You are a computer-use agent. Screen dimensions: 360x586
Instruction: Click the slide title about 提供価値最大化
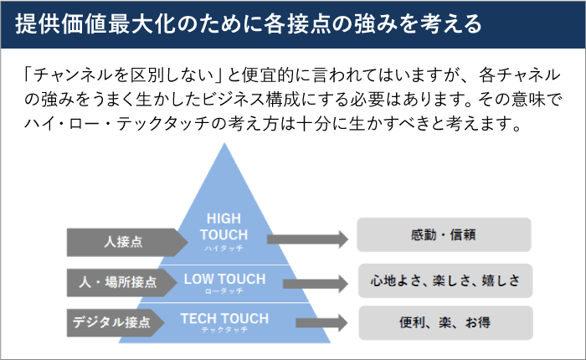[x=249, y=23]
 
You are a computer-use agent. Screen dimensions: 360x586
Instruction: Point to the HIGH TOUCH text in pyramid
[x=224, y=227]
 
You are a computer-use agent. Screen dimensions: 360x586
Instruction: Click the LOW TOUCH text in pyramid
[x=224, y=278]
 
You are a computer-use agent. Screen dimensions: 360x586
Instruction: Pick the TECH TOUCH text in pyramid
[x=224, y=318]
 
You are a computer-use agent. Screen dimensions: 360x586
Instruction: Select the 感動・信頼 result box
[x=444, y=235]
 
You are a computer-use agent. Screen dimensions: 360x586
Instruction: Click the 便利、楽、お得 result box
[x=444, y=322]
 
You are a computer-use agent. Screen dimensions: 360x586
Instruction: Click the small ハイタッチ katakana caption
[x=224, y=249]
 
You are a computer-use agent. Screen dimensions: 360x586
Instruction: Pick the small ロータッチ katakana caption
[x=224, y=291]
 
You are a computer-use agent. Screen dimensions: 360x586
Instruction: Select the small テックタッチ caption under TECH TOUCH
[x=224, y=331]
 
